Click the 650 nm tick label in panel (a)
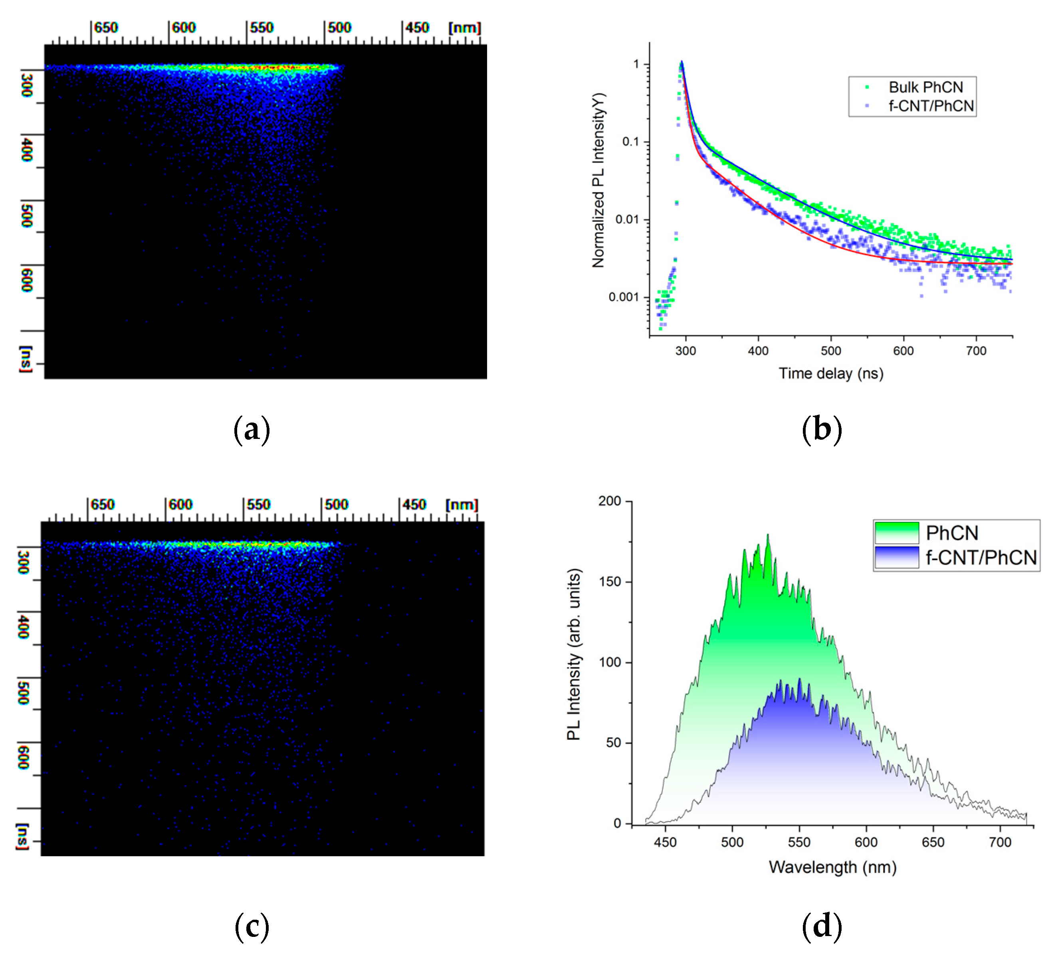pyautogui.click(x=106, y=28)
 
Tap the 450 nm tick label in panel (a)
pyautogui.click(x=417, y=28)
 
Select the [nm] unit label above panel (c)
pyautogui.click(x=462, y=504)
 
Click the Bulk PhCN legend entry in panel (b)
pyautogui.click(x=925, y=87)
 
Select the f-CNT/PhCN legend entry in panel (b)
pyautogui.click(x=931, y=106)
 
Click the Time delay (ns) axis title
pyautogui.click(x=831, y=373)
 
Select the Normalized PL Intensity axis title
pyautogui.click(x=598, y=180)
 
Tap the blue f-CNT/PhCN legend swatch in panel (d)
pyautogui.click(x=896, y=557)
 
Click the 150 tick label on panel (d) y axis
pyautogui.click(x=610, y=581)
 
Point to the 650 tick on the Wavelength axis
pyautogui.click(x=932, y=842)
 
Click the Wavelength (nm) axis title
pyautogui.click(x=832, y=867)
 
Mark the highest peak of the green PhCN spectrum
pyautogui.click(x=768, y=535)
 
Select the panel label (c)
pyautogui.click(x=252, y=927)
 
